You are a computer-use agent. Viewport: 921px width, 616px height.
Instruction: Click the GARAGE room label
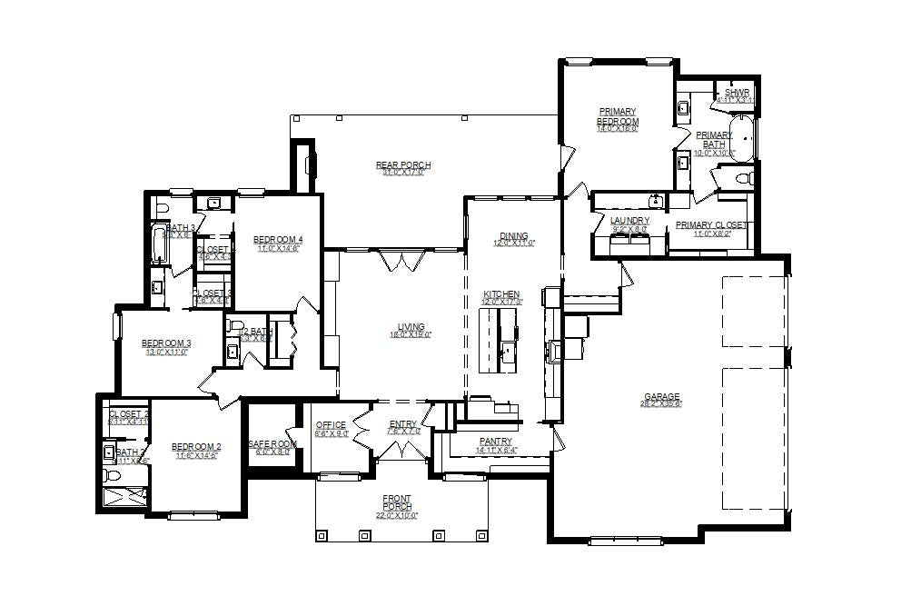click(x=662, y=397)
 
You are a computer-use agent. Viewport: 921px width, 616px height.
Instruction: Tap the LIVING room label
click(x=411, y=328)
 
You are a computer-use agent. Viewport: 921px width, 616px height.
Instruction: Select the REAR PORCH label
click(x=403, y=165)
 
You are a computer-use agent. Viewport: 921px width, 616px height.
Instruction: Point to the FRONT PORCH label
click(x=397, y=502)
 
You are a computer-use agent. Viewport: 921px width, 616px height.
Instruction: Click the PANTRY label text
click(x=496, y=442)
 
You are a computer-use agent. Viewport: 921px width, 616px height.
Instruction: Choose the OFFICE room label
click(x=331, y=425)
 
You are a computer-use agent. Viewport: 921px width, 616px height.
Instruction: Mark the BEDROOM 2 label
click(x=196, y=447)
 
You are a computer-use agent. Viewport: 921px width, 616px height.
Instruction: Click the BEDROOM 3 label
click(x=165, y=343)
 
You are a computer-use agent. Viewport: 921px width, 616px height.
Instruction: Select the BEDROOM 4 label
click(x=277, y=240)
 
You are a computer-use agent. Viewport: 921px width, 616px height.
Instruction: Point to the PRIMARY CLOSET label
click(x=712, y=225)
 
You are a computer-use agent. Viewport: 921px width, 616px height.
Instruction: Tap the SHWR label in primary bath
click(x=736, y=93)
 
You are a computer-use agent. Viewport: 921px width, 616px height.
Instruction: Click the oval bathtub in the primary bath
click(x=744, y=136)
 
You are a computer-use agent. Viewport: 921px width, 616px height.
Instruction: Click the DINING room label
click(x=513, y=236)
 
